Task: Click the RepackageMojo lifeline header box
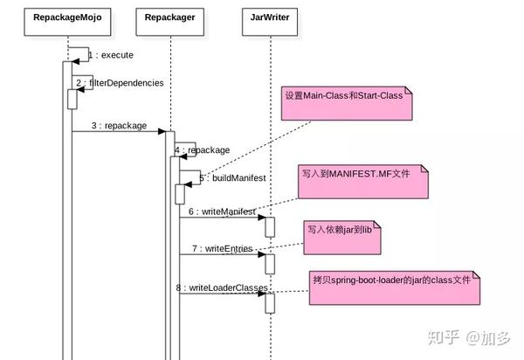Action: coord(66,16)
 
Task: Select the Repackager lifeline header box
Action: coord(170,16)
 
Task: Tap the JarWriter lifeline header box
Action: coord(269,16)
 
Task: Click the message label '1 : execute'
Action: coord(111,55)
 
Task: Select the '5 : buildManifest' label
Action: coord(232,178)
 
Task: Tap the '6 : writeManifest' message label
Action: coord(222,211)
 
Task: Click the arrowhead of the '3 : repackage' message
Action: coord(162,132)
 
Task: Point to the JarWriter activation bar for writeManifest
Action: coord(270,226)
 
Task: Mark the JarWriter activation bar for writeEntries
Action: coord(270,263)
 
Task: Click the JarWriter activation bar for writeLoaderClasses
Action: coord(270,301)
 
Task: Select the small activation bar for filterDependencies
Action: coord(72,99)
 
